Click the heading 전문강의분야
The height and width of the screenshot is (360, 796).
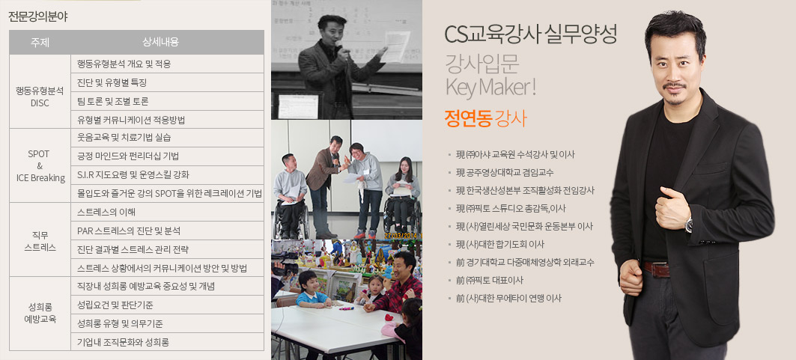38,16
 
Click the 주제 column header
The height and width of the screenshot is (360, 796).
40,43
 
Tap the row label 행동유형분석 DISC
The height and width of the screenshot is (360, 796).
40,97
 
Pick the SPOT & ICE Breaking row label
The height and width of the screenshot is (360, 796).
40,166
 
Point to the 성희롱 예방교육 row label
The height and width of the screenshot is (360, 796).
40,314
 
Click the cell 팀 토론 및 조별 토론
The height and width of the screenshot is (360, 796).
113,101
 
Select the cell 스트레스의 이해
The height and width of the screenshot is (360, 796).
106,212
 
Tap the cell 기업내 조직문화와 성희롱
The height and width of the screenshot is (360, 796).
123,342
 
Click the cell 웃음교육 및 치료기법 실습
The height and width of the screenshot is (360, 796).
124,138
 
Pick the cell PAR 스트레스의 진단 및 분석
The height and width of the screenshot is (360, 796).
129,231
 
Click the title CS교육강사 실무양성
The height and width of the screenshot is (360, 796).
530,34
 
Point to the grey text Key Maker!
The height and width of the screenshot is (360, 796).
490,87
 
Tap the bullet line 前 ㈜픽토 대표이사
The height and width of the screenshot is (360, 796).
490,281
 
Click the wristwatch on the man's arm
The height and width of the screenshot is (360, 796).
688,225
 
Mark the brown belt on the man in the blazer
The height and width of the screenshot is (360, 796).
656,269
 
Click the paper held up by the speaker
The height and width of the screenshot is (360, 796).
396,46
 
